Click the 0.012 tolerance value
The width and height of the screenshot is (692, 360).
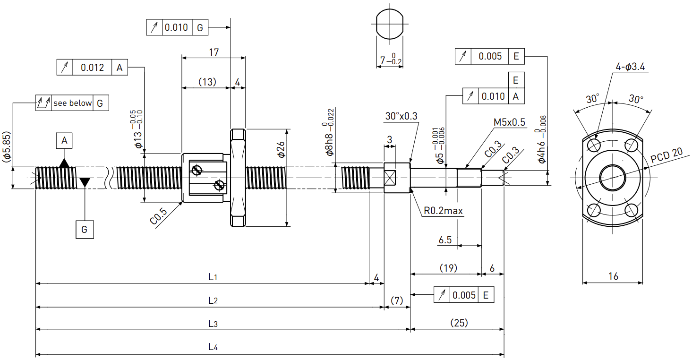(x=92, y=68)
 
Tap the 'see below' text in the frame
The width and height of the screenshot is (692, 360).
(x=73, y=103)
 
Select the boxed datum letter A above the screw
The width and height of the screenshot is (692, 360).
(x=64, y=141)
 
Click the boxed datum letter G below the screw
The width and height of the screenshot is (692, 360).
(x=85, y=229)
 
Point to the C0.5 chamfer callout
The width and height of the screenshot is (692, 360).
(x=158, y=216)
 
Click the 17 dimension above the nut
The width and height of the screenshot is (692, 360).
(x=214, y=52)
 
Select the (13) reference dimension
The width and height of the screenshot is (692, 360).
(x=207, y=82)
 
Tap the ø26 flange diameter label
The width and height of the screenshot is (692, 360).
(x=281, y=150)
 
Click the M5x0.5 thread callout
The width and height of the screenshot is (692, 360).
(x=509, y=122)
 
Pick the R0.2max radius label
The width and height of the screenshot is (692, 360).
(x=443, y=211)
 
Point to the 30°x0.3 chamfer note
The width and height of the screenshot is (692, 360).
(x=401, y=116)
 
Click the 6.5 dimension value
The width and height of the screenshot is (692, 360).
(x=445, y=240)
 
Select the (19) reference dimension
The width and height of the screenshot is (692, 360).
(x=448, y=268)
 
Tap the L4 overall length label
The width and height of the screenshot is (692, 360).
(x=213, y=347)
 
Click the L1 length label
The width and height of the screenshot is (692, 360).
(x=213, y=277)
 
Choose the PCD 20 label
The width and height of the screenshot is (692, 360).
(x=666, y=155)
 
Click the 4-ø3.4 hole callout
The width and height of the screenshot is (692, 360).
(x=630, y=67)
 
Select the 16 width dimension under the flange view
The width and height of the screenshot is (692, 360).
(x=613, y=276)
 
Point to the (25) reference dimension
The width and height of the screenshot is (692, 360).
(x=459, y=323)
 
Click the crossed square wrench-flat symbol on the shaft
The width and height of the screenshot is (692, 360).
(x=390, y=178)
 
